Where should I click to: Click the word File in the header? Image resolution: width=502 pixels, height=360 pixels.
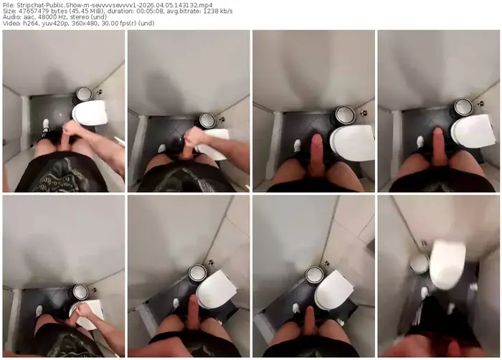click(x=7, y=5)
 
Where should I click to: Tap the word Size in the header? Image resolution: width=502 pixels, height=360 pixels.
click(x=9, y=11)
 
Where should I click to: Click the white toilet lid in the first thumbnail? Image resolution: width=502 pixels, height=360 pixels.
click(x=90, y=113)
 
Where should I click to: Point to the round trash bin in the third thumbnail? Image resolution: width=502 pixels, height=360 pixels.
click(x=345, y=115)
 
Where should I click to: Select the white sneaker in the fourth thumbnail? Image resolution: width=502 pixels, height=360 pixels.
click(x=420, y=141)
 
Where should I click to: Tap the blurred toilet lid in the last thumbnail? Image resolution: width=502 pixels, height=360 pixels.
click(x=447, y=265)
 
